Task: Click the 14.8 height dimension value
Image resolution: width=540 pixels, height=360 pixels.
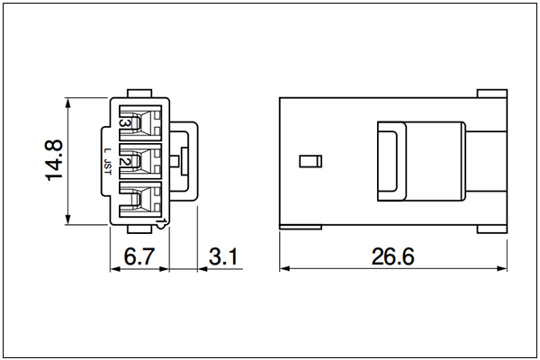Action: (54, 160)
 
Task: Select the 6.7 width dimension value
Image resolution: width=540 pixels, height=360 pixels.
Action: (139, 256)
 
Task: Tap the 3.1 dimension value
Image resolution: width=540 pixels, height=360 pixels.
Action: (223, 256)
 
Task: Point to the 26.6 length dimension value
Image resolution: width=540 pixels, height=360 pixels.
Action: (392, 256)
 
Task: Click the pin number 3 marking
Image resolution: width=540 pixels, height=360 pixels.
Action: (124, 123)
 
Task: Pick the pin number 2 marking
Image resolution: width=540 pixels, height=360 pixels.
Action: (123, 161)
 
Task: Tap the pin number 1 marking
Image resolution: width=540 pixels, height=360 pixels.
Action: (163, 220)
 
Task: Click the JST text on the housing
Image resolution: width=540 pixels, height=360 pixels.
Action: (108, 167)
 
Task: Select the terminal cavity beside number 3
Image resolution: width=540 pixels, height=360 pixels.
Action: (140, 123)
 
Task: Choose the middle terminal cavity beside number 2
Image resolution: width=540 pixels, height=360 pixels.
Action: (140, 161)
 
